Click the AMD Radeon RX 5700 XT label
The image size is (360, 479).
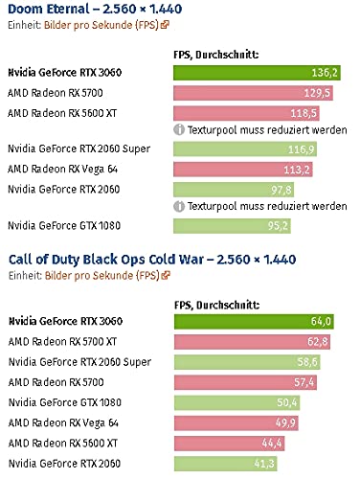(x=62, y=341)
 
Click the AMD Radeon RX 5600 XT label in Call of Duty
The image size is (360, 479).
(x=63, y=443)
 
